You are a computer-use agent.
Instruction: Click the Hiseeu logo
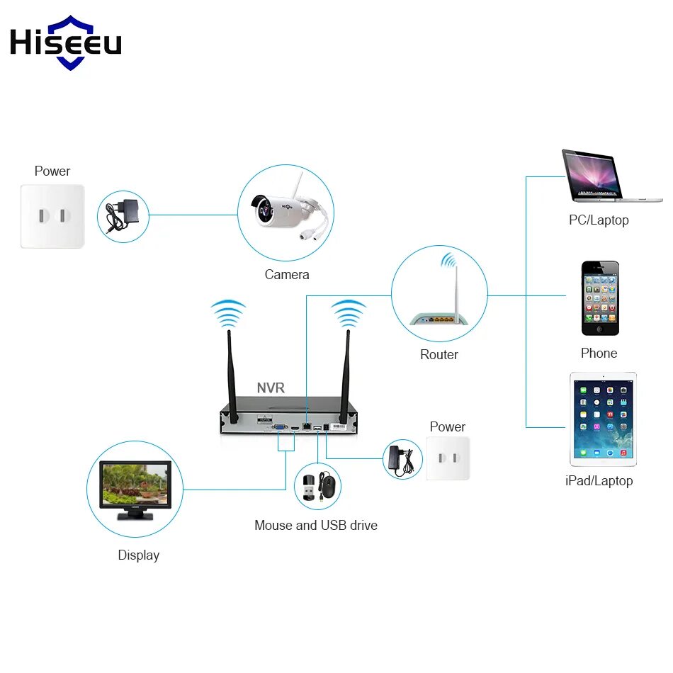[x=66, y=43]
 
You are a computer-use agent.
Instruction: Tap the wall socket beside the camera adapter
[x=52, y=216]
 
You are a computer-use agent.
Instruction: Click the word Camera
[x=287, y=274]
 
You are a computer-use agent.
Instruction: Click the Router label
[x=439, y=354]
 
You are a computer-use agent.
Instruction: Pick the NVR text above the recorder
[x=271, y=388]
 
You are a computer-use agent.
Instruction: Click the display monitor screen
[x=135, y=484]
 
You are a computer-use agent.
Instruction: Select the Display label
[x=138, y=555]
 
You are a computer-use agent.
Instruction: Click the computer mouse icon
[x=327, y=487]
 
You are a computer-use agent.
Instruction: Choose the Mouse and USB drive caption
[x=316, y=525]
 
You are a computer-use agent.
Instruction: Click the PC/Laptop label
[x=599, y=220]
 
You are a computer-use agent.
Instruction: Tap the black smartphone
[x=600, y=298]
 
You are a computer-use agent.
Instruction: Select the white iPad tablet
[x=603, y=419]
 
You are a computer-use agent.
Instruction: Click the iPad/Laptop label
[x=599, y=481]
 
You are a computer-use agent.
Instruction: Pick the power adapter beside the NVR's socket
[x=400, y=459]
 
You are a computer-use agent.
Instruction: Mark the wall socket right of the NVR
[x=448, y=458]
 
